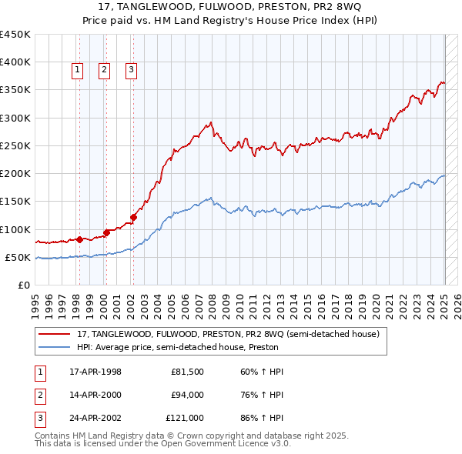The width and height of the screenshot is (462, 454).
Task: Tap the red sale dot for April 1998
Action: tap(79, 239)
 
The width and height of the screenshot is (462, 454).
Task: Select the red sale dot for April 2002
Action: tap(133, 217)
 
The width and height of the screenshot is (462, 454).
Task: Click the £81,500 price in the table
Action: tap(187, 372)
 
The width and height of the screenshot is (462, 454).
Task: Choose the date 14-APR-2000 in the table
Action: tap(95, 395)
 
